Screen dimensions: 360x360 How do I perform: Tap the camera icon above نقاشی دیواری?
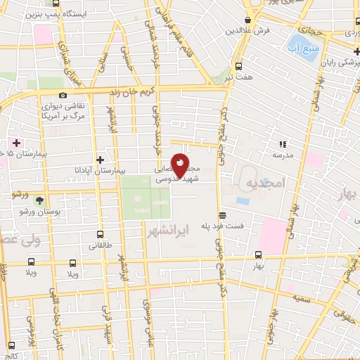63,96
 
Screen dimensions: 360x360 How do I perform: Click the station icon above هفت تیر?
237,67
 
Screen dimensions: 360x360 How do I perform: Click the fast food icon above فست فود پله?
222,216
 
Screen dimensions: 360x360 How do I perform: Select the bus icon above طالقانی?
100,235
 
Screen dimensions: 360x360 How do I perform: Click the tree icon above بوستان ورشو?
30,202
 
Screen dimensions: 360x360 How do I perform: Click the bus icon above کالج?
12,344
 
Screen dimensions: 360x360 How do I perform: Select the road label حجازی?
309,31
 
